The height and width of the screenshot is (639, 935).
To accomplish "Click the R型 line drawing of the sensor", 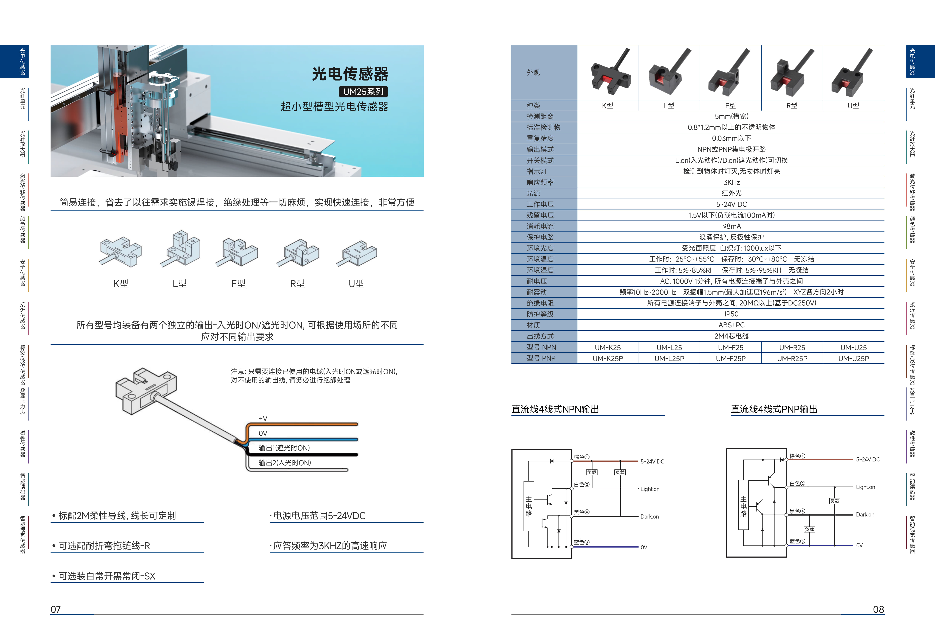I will tap(298, 254).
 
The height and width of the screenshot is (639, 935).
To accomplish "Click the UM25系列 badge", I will tap(363, 92).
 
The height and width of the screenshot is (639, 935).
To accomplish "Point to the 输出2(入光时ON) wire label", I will tap(285, 463).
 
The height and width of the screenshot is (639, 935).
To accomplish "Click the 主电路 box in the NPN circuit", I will tap(529, 506).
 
